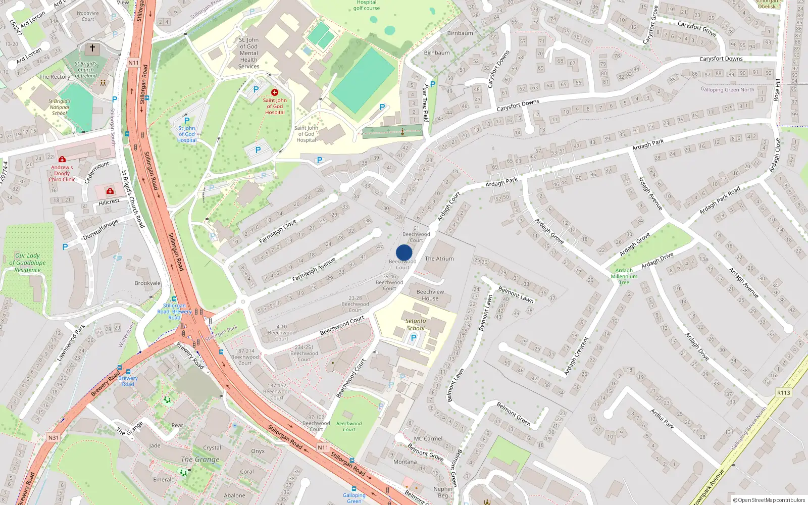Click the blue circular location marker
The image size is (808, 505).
404,252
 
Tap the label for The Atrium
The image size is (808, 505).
439,259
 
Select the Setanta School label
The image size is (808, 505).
416,324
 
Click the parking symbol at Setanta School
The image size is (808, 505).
413,338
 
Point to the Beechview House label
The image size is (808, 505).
430,295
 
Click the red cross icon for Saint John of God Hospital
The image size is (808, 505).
275,92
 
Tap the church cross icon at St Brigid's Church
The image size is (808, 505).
92,48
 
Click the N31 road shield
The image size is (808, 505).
54,437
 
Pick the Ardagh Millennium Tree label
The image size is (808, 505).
624,276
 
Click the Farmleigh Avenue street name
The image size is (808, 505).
314,270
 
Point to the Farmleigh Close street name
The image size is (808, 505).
277,232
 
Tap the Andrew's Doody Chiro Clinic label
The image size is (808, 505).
62,173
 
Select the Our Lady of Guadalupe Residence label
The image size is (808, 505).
28,263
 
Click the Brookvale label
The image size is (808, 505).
147,283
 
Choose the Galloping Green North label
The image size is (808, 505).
727,90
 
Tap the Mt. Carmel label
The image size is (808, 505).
428,439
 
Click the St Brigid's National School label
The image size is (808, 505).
60,107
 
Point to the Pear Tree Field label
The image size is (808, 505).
425,103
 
